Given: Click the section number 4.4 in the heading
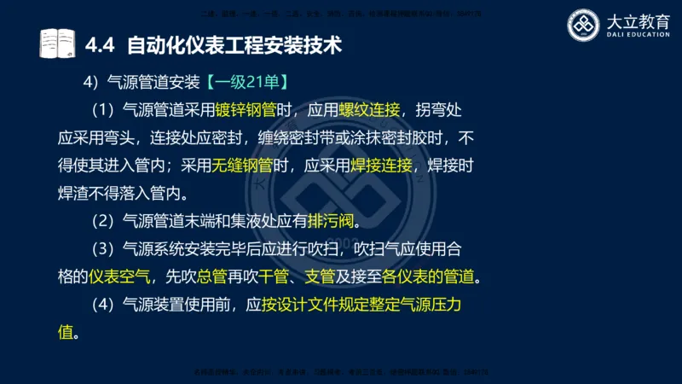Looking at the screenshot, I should tap(101, 44).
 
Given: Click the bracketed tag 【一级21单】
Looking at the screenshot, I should tap(249, 84).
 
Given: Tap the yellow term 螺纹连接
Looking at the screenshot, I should tap(369, 111).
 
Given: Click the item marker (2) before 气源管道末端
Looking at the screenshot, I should tap(102, 222).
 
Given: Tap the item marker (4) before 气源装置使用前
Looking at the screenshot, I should tap(102, 305).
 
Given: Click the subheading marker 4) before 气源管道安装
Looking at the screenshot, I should tap(90, 84).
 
